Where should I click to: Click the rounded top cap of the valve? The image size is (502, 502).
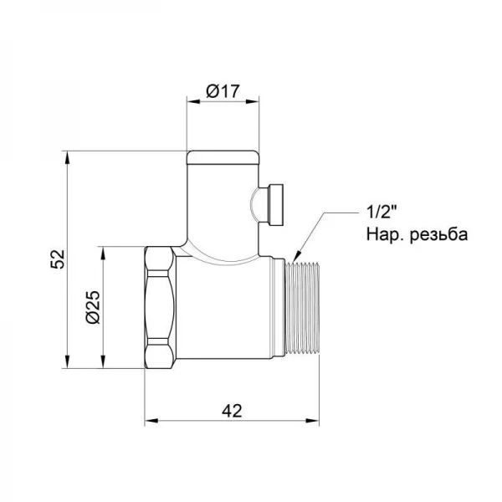[222, 157]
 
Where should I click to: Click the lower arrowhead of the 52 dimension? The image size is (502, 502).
[68, 364]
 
